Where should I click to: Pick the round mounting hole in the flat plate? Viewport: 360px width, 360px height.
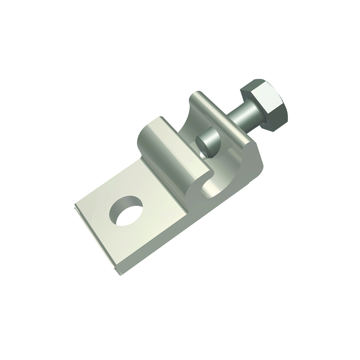click(126, 211)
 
